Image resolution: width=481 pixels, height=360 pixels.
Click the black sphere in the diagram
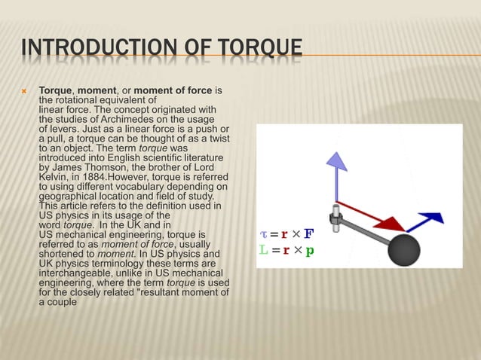click(404, 249)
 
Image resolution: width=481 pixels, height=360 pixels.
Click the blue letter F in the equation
click(310, 233)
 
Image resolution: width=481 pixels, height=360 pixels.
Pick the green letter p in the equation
click(310, 250)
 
